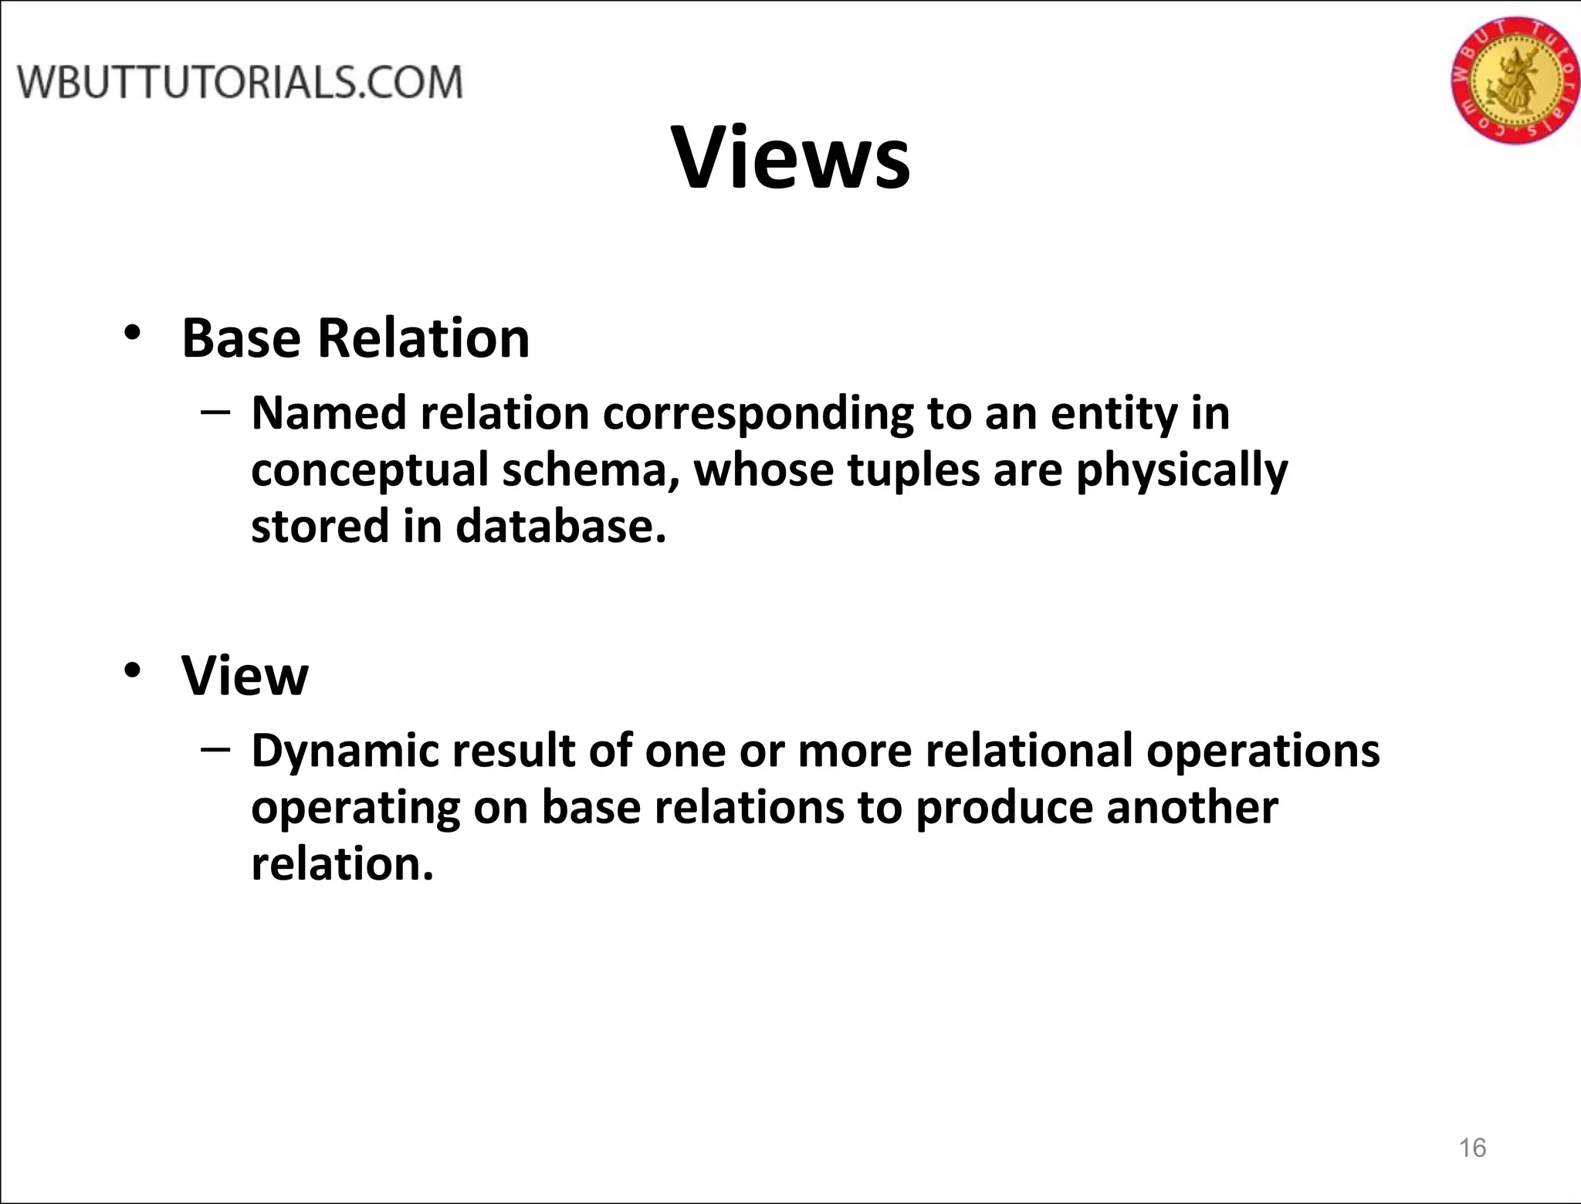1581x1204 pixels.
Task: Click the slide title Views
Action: pyautogui.click(x=791, y=158)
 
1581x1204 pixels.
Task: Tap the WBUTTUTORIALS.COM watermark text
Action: pyautogui.click(x=240, y=83)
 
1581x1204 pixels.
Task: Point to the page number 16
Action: pyautogui.click(x=1472, y=1148)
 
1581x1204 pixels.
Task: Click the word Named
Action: pyautogui.click(x=328, y=413)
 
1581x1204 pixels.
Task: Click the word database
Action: pyautogui.click(x=560, y=527)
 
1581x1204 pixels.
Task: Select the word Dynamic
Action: pyautogui.click(x=345, y=751)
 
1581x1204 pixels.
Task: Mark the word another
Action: pyautogui.click(x=1192, y=808)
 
